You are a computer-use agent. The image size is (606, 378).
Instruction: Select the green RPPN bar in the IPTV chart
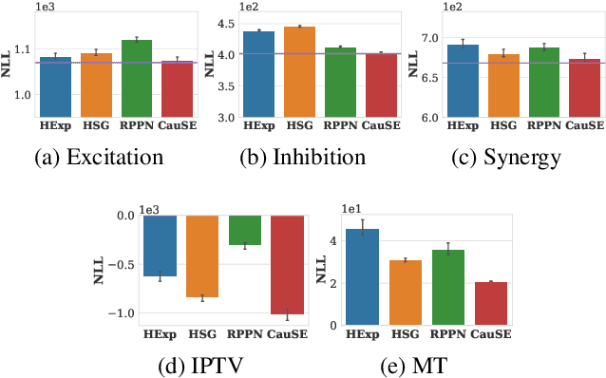click(x=245, y=230)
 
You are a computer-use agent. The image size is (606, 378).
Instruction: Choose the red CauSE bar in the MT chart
click(x=491, y=303)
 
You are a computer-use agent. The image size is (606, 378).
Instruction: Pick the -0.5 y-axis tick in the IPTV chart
click(x=123, y=264)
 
